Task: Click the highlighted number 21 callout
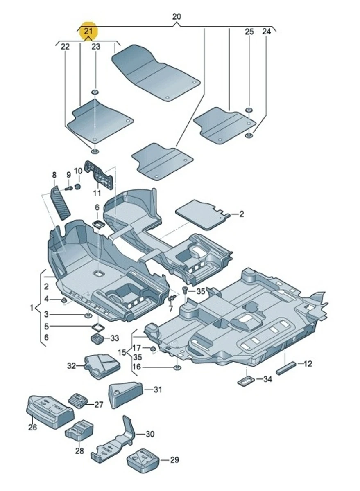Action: coord(89,31)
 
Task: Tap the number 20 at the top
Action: coord(176,17)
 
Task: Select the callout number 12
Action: coord(308,363)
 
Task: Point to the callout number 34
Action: coord(267,380)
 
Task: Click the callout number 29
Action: coord(174,460)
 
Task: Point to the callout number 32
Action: coord(72,366)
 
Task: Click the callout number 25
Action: coord(249,32)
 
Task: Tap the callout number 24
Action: coord(267,32)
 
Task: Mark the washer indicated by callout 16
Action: coord(177,367)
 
